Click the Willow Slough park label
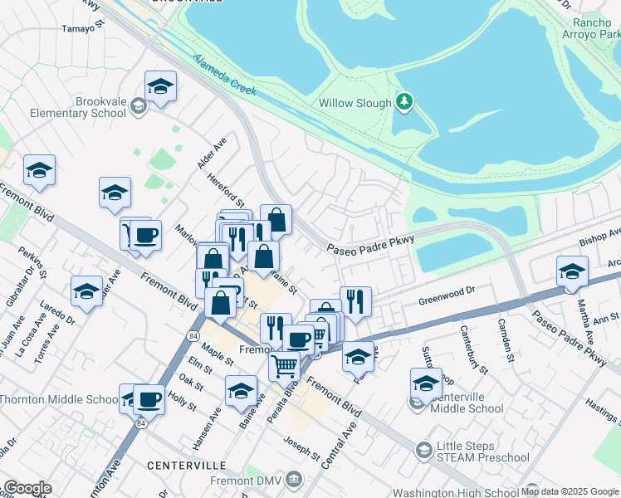(x=355, y=104)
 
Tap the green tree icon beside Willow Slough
(x=404, y=102)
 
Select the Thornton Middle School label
(x=58, y=399)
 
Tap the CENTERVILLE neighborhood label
(x=182, y=466)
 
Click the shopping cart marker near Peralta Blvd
(x=285, y=364)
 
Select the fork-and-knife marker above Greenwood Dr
(x=355, y=301)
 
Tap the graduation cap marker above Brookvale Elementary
(x=160, y=85)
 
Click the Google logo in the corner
(x=27, y=488)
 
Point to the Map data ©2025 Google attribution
(x=570, y=491)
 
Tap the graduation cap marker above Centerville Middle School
(x=426, y=383)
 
